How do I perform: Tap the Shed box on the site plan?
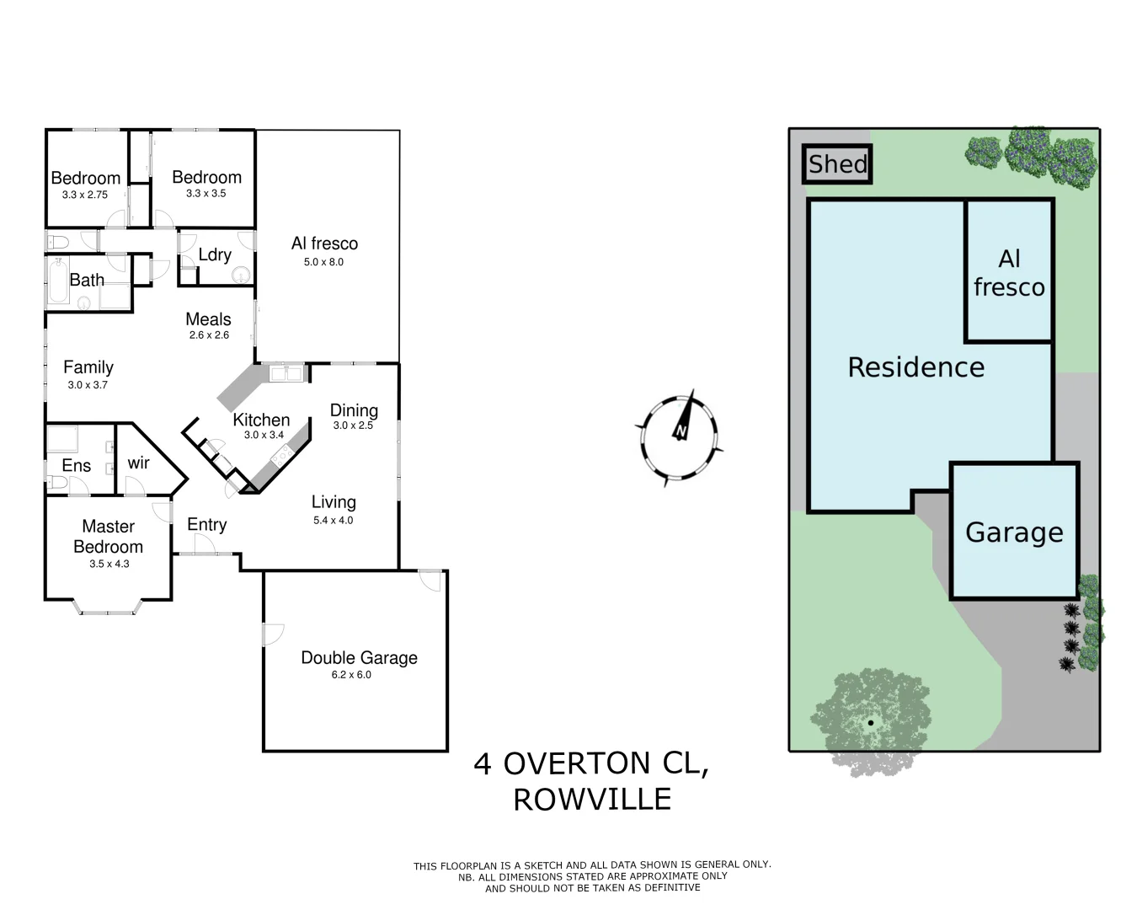coord(836,164)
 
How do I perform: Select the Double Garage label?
coord(359,658)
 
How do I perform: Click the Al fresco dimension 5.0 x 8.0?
coord(324,262)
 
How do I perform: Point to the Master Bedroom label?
coord(108,537)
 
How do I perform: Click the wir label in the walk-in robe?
coord(138,463)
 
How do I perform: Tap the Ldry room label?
coord(215,254)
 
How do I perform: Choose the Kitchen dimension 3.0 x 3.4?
coord(264,436)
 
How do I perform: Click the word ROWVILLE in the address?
coord(592,800)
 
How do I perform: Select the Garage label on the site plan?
coord(1014,533)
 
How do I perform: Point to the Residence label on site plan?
coord(915,367)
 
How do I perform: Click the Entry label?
coord(206,525)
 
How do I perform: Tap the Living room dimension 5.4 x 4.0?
coord(334,521)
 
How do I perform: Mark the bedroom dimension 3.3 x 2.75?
coord(85,195)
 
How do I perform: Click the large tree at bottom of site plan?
coord(870,721)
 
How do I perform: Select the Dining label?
coord(354,410)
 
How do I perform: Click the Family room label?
coord(88,367)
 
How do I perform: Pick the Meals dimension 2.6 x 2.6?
coord(209,335)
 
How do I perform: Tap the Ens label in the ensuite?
coord(76,466)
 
